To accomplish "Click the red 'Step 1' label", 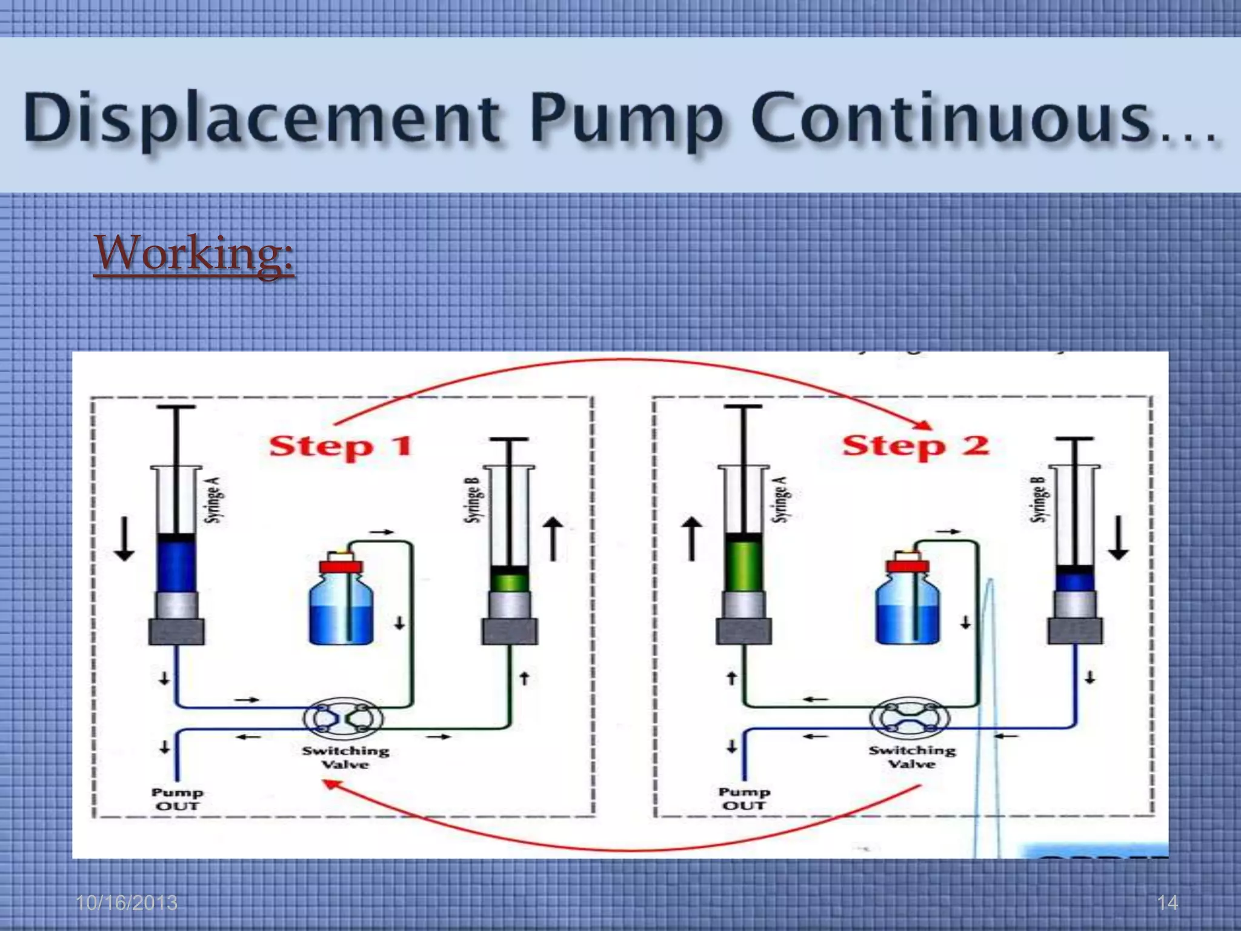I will coord(341,447).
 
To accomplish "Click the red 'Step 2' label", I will coord(915,445).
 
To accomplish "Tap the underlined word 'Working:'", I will coord(194,253).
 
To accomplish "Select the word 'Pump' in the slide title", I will coord(626,118).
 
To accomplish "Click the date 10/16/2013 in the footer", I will coord(127,903).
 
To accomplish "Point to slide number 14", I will coord(1167,903).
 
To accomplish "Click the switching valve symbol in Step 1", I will coord(343,718).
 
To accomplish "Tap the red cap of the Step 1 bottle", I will coord(341,567).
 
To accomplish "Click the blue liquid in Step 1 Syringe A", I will coord(176,567).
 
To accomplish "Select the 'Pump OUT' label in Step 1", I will coord(177,799).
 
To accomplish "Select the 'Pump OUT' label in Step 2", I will coord(744,799).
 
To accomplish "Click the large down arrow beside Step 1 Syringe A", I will coord(125,538).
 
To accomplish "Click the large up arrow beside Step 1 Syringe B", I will coord(553,538).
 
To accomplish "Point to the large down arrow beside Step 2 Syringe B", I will coord(1119,537).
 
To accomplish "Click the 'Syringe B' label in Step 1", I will coord(473,500).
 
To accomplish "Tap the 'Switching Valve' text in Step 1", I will coord(345,758).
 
